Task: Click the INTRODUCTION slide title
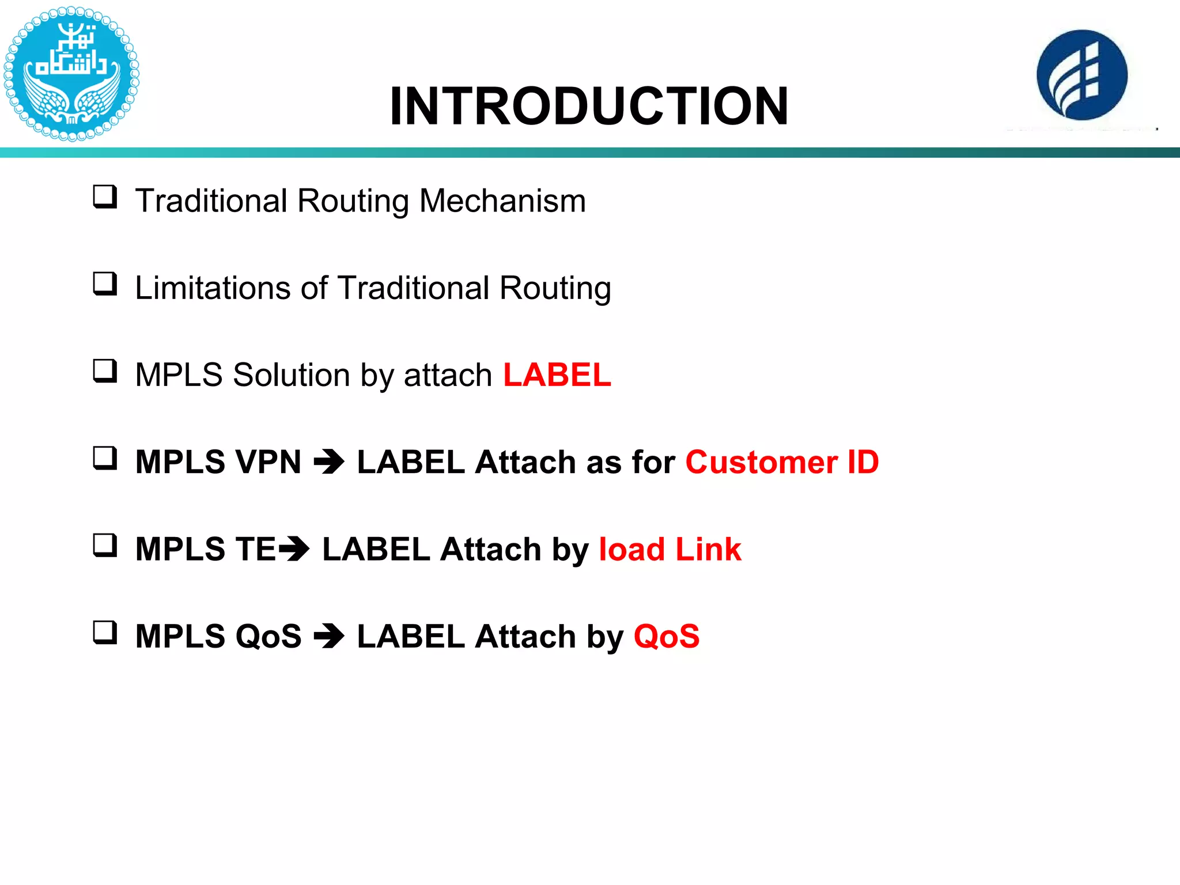[x=589, y=107]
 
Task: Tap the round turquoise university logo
[x=71, y=74]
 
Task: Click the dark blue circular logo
[x=1081, y=75]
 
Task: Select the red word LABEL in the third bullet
[x=557, y=375]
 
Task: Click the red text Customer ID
[x=782, y=462]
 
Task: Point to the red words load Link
[x=670, y=549]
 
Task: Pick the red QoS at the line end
[x=666, y=636]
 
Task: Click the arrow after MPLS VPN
[x=329, y=462]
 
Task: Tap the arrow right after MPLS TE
[x=294, y=549]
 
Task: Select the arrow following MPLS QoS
[x=329, y=636]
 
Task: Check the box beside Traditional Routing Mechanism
[x=105, y=197]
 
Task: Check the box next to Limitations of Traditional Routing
[x=105, y=284]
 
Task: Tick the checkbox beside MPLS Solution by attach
[x=105, y=371]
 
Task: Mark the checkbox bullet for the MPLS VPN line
[x=105, y=458]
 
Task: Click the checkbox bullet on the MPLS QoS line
[x=105, y=632]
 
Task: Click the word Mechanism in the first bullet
[x=502, y=201]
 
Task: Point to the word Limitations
[x=211, y=288]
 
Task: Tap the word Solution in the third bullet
[x=291, y=375]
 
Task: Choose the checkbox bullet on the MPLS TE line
[x=105, y=545]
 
